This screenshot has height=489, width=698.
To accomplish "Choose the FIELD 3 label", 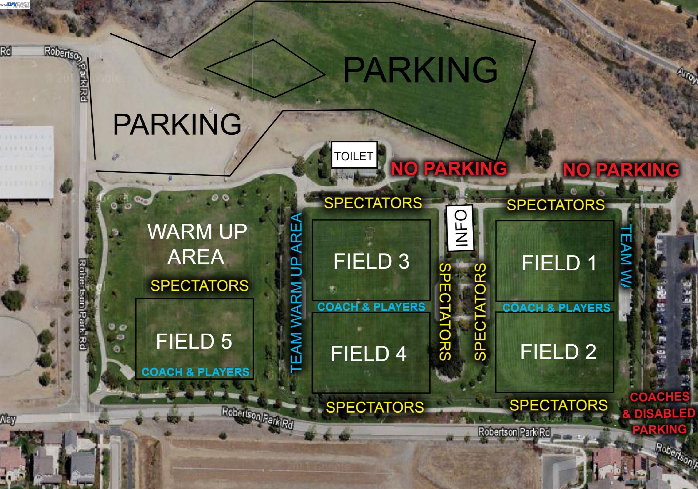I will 371,261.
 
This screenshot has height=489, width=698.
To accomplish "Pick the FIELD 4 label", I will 369,354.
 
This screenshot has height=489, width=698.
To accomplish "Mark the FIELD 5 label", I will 194,341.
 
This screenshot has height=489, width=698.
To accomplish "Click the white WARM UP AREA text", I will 197,244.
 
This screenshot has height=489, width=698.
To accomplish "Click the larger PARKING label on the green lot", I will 420,70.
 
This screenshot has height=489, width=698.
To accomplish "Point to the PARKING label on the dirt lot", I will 177,124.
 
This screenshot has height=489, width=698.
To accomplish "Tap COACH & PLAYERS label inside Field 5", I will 195,372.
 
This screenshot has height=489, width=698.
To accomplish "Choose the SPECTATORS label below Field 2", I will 558,405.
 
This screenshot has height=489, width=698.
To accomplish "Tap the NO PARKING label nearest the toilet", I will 449,168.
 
